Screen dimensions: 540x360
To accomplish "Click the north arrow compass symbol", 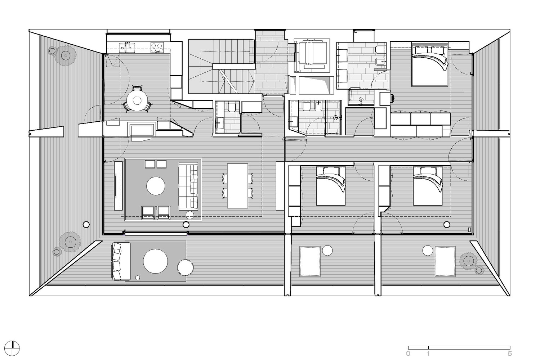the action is pos(12,348).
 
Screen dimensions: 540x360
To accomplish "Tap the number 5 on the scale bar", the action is pos(510,354).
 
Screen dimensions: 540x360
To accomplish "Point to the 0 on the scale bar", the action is pos(408,354).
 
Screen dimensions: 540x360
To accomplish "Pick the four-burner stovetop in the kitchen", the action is pos(157,47).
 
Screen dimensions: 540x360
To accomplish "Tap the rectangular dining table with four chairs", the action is pos(237,186).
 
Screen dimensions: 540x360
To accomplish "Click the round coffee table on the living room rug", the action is pos(156,186).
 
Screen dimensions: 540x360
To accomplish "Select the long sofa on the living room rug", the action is pos(188,186).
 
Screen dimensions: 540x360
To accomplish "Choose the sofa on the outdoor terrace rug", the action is pos(121,261).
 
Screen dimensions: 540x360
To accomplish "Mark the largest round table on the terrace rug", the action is pos(155,261).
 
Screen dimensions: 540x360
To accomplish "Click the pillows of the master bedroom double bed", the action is pos(430,50).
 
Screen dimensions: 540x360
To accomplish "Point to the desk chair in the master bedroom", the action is pos(392,98).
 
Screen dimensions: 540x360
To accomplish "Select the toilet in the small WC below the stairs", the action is pos(232,108).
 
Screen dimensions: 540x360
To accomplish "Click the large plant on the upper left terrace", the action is pos(65,56).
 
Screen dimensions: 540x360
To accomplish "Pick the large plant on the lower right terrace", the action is pos(468,261).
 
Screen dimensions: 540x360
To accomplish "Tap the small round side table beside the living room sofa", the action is pos(190,215).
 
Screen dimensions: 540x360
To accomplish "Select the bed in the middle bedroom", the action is pos(331,186).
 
